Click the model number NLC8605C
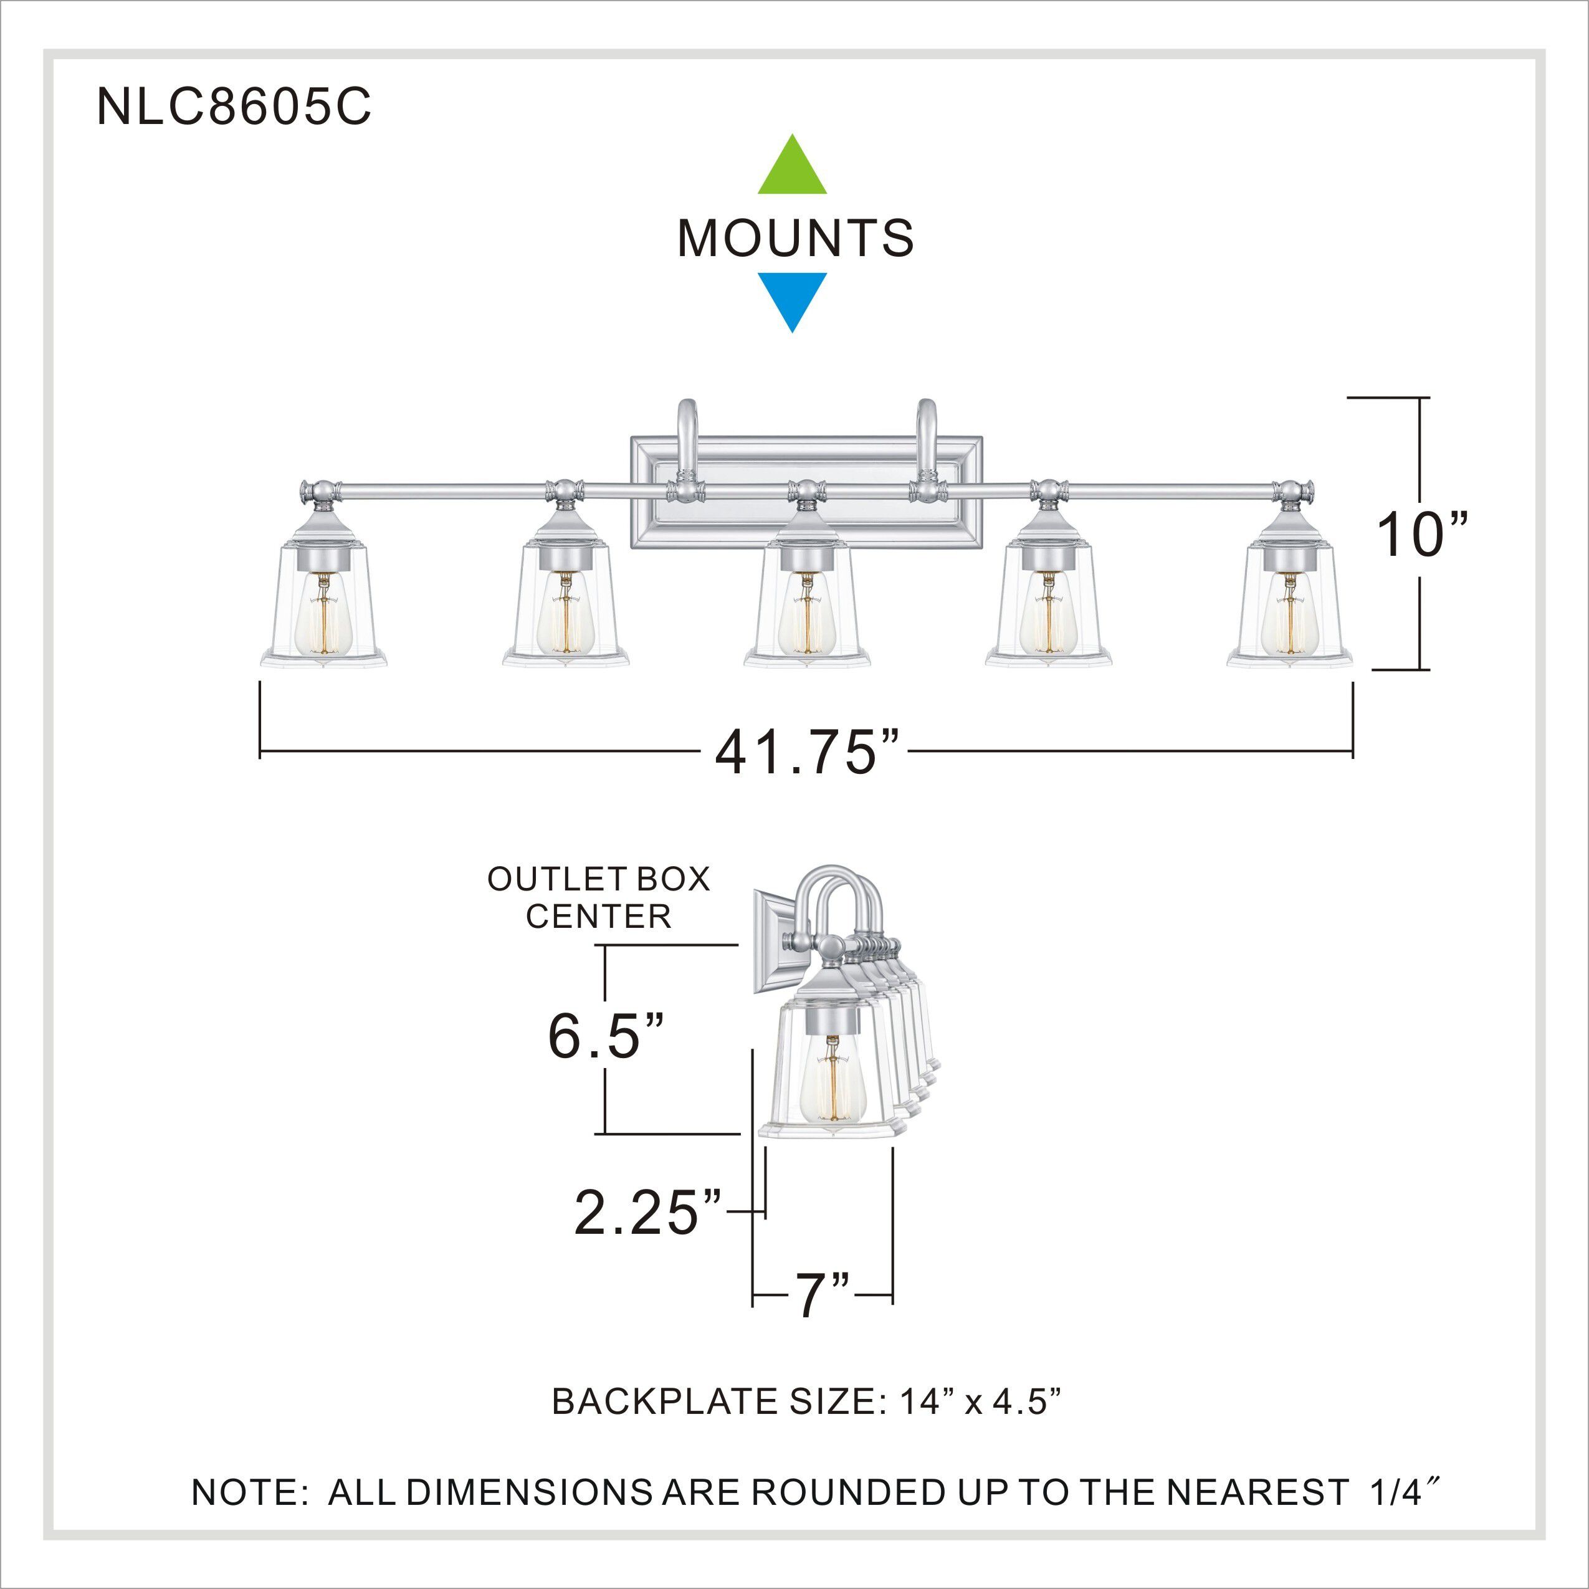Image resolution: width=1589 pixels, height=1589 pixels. (x=234, y=108)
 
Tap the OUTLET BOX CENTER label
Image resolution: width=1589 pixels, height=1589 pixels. (x=598, y=897)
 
